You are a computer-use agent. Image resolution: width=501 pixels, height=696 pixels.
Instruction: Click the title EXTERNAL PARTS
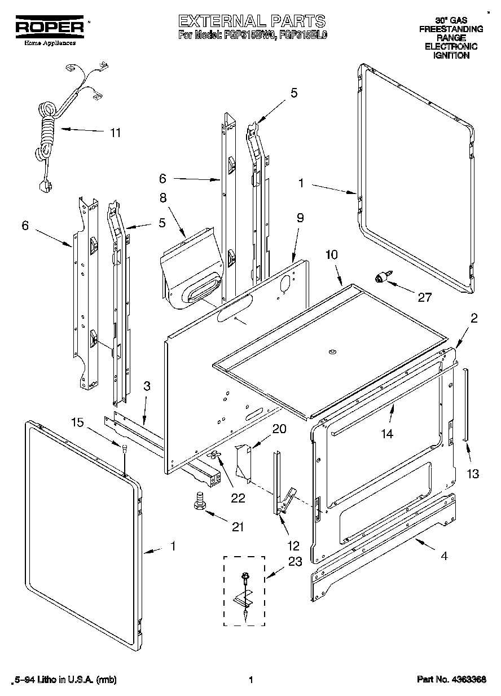[252, 21]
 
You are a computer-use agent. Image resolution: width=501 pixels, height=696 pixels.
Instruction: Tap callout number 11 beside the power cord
[115, 133]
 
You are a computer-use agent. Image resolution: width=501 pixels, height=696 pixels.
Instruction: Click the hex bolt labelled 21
[199, 500]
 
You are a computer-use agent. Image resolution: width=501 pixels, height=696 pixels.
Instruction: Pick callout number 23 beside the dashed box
[295, 561]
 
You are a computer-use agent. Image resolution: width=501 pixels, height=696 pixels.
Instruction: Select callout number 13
[472, 474]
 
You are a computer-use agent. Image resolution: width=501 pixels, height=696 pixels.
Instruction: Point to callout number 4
[445, 556]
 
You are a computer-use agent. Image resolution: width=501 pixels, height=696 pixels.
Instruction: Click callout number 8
[162, 198]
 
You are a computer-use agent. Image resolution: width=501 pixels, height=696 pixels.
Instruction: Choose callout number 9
[300, 217]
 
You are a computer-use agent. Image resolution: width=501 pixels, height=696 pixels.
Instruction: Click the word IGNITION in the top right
[451, 56]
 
